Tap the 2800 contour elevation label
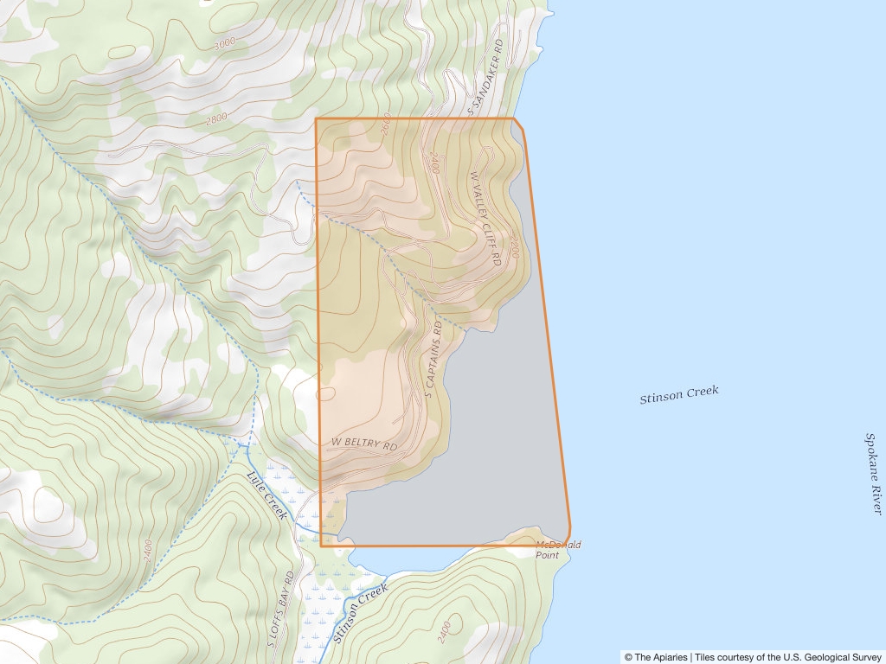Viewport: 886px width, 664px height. tap(217, 118)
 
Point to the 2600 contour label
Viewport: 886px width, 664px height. tap(385, 125)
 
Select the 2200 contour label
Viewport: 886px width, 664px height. tap(515, 249)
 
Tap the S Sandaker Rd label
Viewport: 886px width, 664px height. tap(485, 77)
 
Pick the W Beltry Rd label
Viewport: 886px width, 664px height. tap(363, 445)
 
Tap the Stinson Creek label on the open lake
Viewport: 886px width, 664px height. tap(679, 395)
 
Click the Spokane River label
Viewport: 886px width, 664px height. tap(875, 474)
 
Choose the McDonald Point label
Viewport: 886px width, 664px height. tap(558, 549)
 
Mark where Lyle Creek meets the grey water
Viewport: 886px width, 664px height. tap(338, 534)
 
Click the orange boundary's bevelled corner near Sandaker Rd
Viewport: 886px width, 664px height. tap(518, 124)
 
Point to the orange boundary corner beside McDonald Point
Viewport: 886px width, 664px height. tap(569, 529)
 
